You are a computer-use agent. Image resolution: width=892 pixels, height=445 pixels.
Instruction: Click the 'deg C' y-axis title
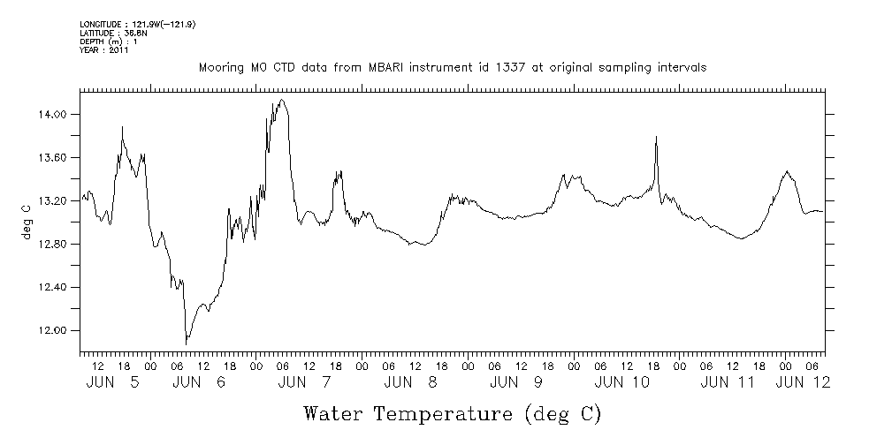tap(27, 222)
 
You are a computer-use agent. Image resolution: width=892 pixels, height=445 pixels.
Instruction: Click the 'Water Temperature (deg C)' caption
tap(453, 413)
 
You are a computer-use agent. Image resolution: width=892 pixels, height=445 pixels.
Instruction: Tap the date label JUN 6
tap(199, 382)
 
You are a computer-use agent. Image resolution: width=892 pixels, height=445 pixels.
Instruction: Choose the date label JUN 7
tap(304, 382)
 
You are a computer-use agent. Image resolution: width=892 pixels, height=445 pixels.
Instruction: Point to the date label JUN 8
tap(410, 382)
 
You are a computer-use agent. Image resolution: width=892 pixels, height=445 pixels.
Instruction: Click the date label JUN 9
tap(515, 382)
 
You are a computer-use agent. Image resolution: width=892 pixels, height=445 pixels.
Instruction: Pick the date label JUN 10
tap(622, 382)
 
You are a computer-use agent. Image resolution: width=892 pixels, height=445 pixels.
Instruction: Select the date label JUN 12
tap(803, 382)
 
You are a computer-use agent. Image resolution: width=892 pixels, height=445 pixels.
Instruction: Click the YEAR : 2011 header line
tap(104, 50)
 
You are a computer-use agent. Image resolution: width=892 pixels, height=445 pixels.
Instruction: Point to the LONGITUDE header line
tap(137, 24)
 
